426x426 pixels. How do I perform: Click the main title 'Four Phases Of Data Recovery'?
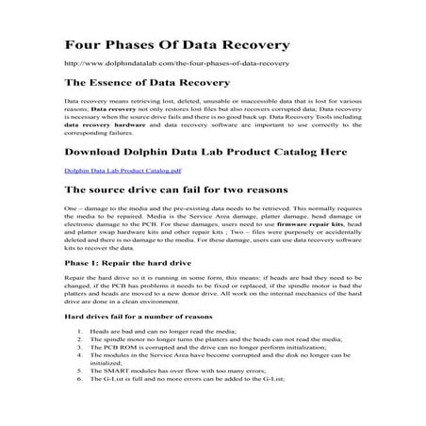(x=177, y=44)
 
